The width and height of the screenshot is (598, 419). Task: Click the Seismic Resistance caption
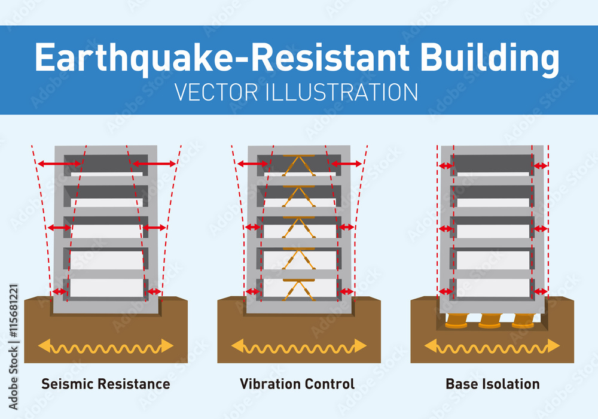pos(105,384)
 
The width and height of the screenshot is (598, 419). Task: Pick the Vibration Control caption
pos(297,384)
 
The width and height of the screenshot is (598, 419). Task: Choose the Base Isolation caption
pos(492,384)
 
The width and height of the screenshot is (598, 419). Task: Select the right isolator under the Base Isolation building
pos(524,321)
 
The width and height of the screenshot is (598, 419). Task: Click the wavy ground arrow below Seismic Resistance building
pos(105,346)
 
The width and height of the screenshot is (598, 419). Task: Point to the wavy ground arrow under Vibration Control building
pos(298,346)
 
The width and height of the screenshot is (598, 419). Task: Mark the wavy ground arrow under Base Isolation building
pos(492,346)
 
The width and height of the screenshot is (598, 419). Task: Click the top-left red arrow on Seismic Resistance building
pos(60,163)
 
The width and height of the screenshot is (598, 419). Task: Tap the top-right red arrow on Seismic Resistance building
pos(154,163)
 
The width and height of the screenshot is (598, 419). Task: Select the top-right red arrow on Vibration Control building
pos(346,163)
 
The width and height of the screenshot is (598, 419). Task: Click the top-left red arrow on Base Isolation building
pos(446,166)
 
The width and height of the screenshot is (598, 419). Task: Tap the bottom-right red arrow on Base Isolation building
pos(540,291)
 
